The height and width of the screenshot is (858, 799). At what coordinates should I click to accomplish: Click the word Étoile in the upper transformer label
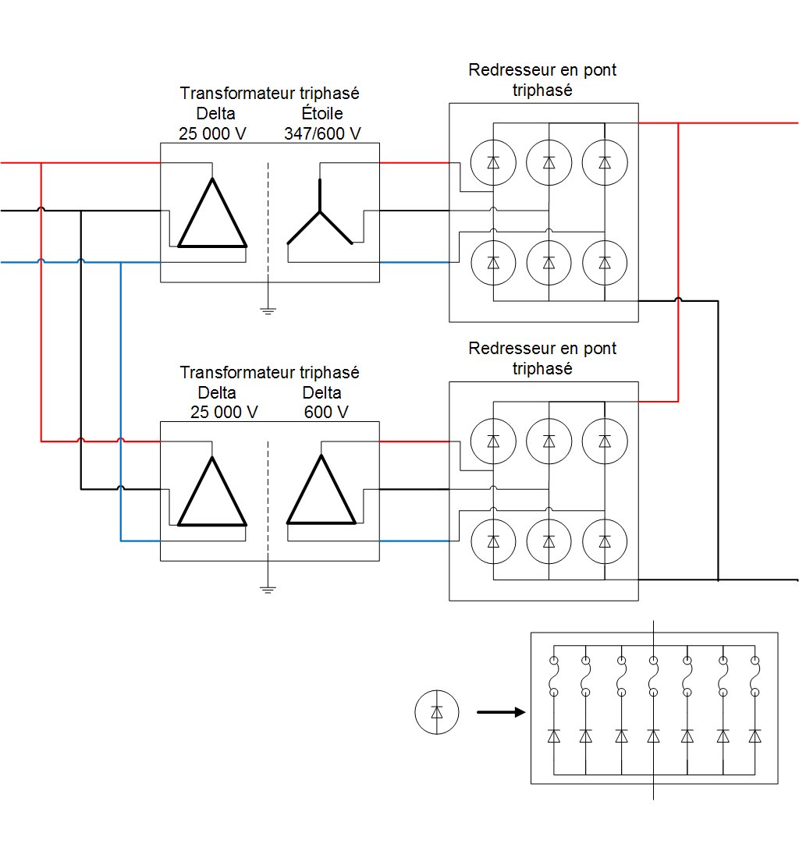[x=322, y=114]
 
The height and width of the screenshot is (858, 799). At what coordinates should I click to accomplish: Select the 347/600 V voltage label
[x=322, y=133]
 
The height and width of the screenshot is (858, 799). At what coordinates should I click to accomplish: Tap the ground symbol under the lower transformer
[x=268, y=590]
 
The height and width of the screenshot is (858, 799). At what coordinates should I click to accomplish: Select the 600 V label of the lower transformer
[x=326, y=412]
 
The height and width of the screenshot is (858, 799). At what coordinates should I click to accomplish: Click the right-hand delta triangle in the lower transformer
[x=321, y=495]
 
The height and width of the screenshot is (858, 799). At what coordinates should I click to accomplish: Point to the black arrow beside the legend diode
[x=499, y=712]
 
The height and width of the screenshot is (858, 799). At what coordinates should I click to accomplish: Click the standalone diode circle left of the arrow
[x=437, y=712]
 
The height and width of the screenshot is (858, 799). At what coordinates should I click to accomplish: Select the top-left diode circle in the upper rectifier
[x=493, y=162]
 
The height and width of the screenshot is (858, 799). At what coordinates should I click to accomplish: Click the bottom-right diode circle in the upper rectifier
[x=605, y=263]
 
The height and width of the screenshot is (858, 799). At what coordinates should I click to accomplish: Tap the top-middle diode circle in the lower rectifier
[x=549, y=441]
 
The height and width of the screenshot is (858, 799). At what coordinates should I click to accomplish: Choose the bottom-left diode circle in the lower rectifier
[x=493, y=541]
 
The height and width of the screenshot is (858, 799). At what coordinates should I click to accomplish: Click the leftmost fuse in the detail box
[x=553, y=675]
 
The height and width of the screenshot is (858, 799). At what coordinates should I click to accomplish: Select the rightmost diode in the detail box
[x=755, y=736]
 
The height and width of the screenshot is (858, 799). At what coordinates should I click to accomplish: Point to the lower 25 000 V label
[x=225, y=412]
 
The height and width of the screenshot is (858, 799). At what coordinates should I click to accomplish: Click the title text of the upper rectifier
[x=542, y=80]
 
